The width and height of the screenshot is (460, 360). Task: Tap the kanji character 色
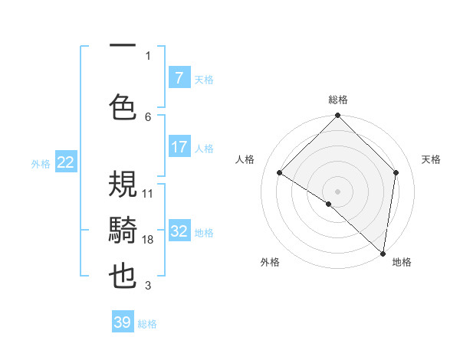pos(123,107)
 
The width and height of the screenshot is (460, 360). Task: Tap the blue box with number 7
pos(179,77)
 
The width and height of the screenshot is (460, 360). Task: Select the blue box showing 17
pos(179,147)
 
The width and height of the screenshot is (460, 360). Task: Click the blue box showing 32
pos(179,231)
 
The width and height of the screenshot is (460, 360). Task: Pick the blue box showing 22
pos(66,162)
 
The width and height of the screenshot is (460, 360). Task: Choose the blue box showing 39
pos(123,322)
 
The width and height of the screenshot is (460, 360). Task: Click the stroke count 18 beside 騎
pos(148,240)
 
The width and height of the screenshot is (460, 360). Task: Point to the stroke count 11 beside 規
pos(148,193)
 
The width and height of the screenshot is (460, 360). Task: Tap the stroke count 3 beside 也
pos(148,286)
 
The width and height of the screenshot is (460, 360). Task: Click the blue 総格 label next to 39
pos(147,324)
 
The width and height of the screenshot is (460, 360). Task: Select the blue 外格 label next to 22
pos(41,163)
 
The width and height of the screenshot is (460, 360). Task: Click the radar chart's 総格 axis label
pos(338,100)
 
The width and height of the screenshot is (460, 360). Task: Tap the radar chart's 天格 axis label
pos(431,159)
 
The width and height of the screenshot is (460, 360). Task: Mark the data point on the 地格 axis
pos(383,253)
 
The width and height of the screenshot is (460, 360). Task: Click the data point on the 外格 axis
pos(329,204)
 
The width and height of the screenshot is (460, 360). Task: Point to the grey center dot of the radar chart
pos(337,191)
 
